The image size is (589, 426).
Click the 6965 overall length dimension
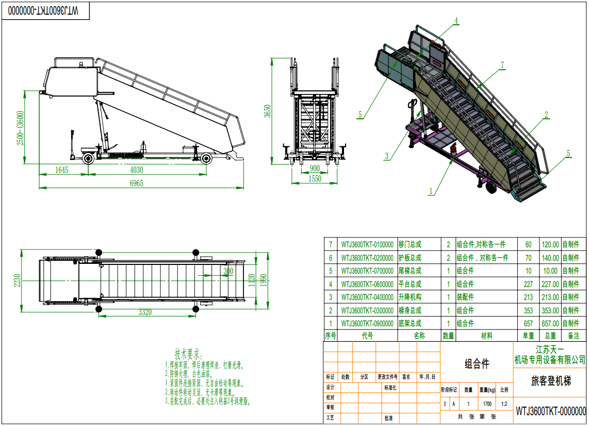click(136, 183)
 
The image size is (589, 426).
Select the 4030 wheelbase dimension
click(136, 170)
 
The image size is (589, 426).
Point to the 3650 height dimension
click(267, 112)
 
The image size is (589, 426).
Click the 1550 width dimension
click(314, 179)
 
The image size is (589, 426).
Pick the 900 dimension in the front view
click(314, 169)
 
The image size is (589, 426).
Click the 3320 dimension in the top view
click(145, 312)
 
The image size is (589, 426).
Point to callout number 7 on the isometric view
click(502, 65)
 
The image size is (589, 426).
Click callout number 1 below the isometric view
click(430, 191)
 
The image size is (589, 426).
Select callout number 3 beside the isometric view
click(386, 155)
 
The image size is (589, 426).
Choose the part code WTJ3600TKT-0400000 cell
click(367, 297)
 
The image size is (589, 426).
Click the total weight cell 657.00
click(549, 324)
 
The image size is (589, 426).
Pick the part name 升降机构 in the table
click(410, 297)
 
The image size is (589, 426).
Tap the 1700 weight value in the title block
click(487, 404)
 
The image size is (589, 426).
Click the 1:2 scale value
click(504, 404)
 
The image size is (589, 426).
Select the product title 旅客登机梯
click(551, 382)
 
